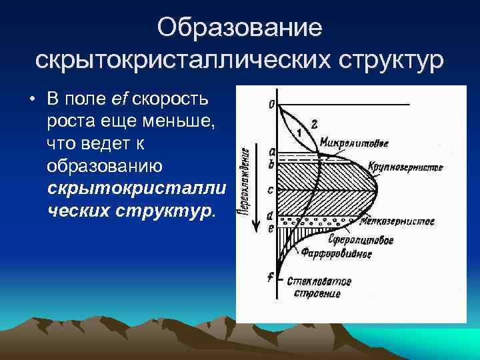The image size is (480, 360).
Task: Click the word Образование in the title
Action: tap(240, 28)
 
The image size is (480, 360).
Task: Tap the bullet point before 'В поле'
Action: tap(32, 100)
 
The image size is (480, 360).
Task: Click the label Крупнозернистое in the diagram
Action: tap(405, 167)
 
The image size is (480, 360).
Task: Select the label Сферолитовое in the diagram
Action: tap(359, 239)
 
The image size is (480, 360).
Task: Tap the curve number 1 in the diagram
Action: tap(299, 132)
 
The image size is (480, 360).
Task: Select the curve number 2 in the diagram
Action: tap(314, 123)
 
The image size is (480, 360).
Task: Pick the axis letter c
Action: tap(269, 189)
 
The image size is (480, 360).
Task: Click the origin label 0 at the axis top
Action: tap(271, 104)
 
